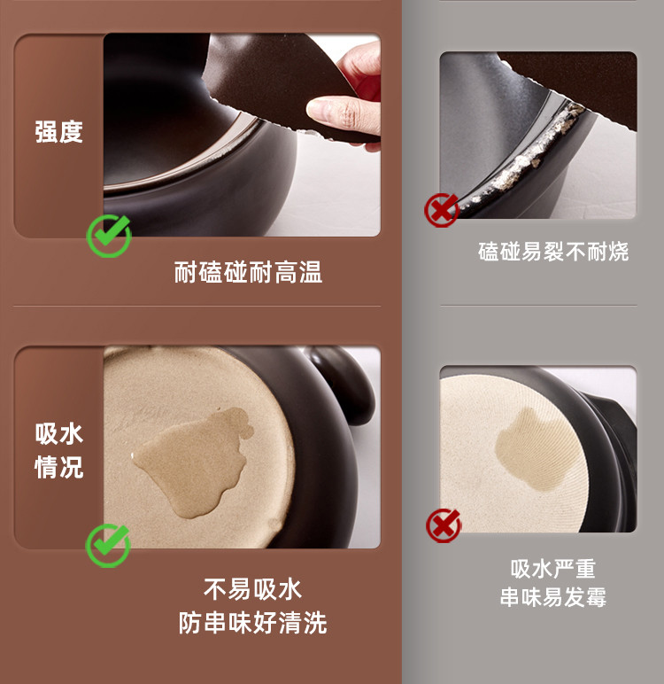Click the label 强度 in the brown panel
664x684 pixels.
pyautogui.click(x=58, y=132)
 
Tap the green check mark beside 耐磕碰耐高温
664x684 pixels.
pyautogui.click(x=109, y=236)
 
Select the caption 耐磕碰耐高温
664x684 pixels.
pyautogui.click(x=248, y=272)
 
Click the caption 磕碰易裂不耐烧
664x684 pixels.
pyautogui.click(x=553, y=252)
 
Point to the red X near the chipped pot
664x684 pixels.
pyautogui.click(x=442, y=210)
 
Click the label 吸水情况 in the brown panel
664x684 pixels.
pyautogui.click(x=58, y=451)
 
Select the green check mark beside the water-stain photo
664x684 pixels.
pyautogui.click(x=108, y=545)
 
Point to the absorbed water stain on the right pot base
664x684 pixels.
pyautogui.click(x=533, y=449)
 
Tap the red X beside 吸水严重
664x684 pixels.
pyautogui.click(x=443, y=525)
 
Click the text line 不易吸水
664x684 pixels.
pyautogui.click(x=252, y=589)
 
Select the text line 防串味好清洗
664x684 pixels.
pyautogui.click(x=252, y=623)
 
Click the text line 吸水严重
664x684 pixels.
pyautogui.click(x=553, y=569)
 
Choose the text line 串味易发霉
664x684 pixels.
pyautogui.click(x=553, y=597)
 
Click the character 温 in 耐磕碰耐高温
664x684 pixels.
pyautogui.click(x=311, y=272)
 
